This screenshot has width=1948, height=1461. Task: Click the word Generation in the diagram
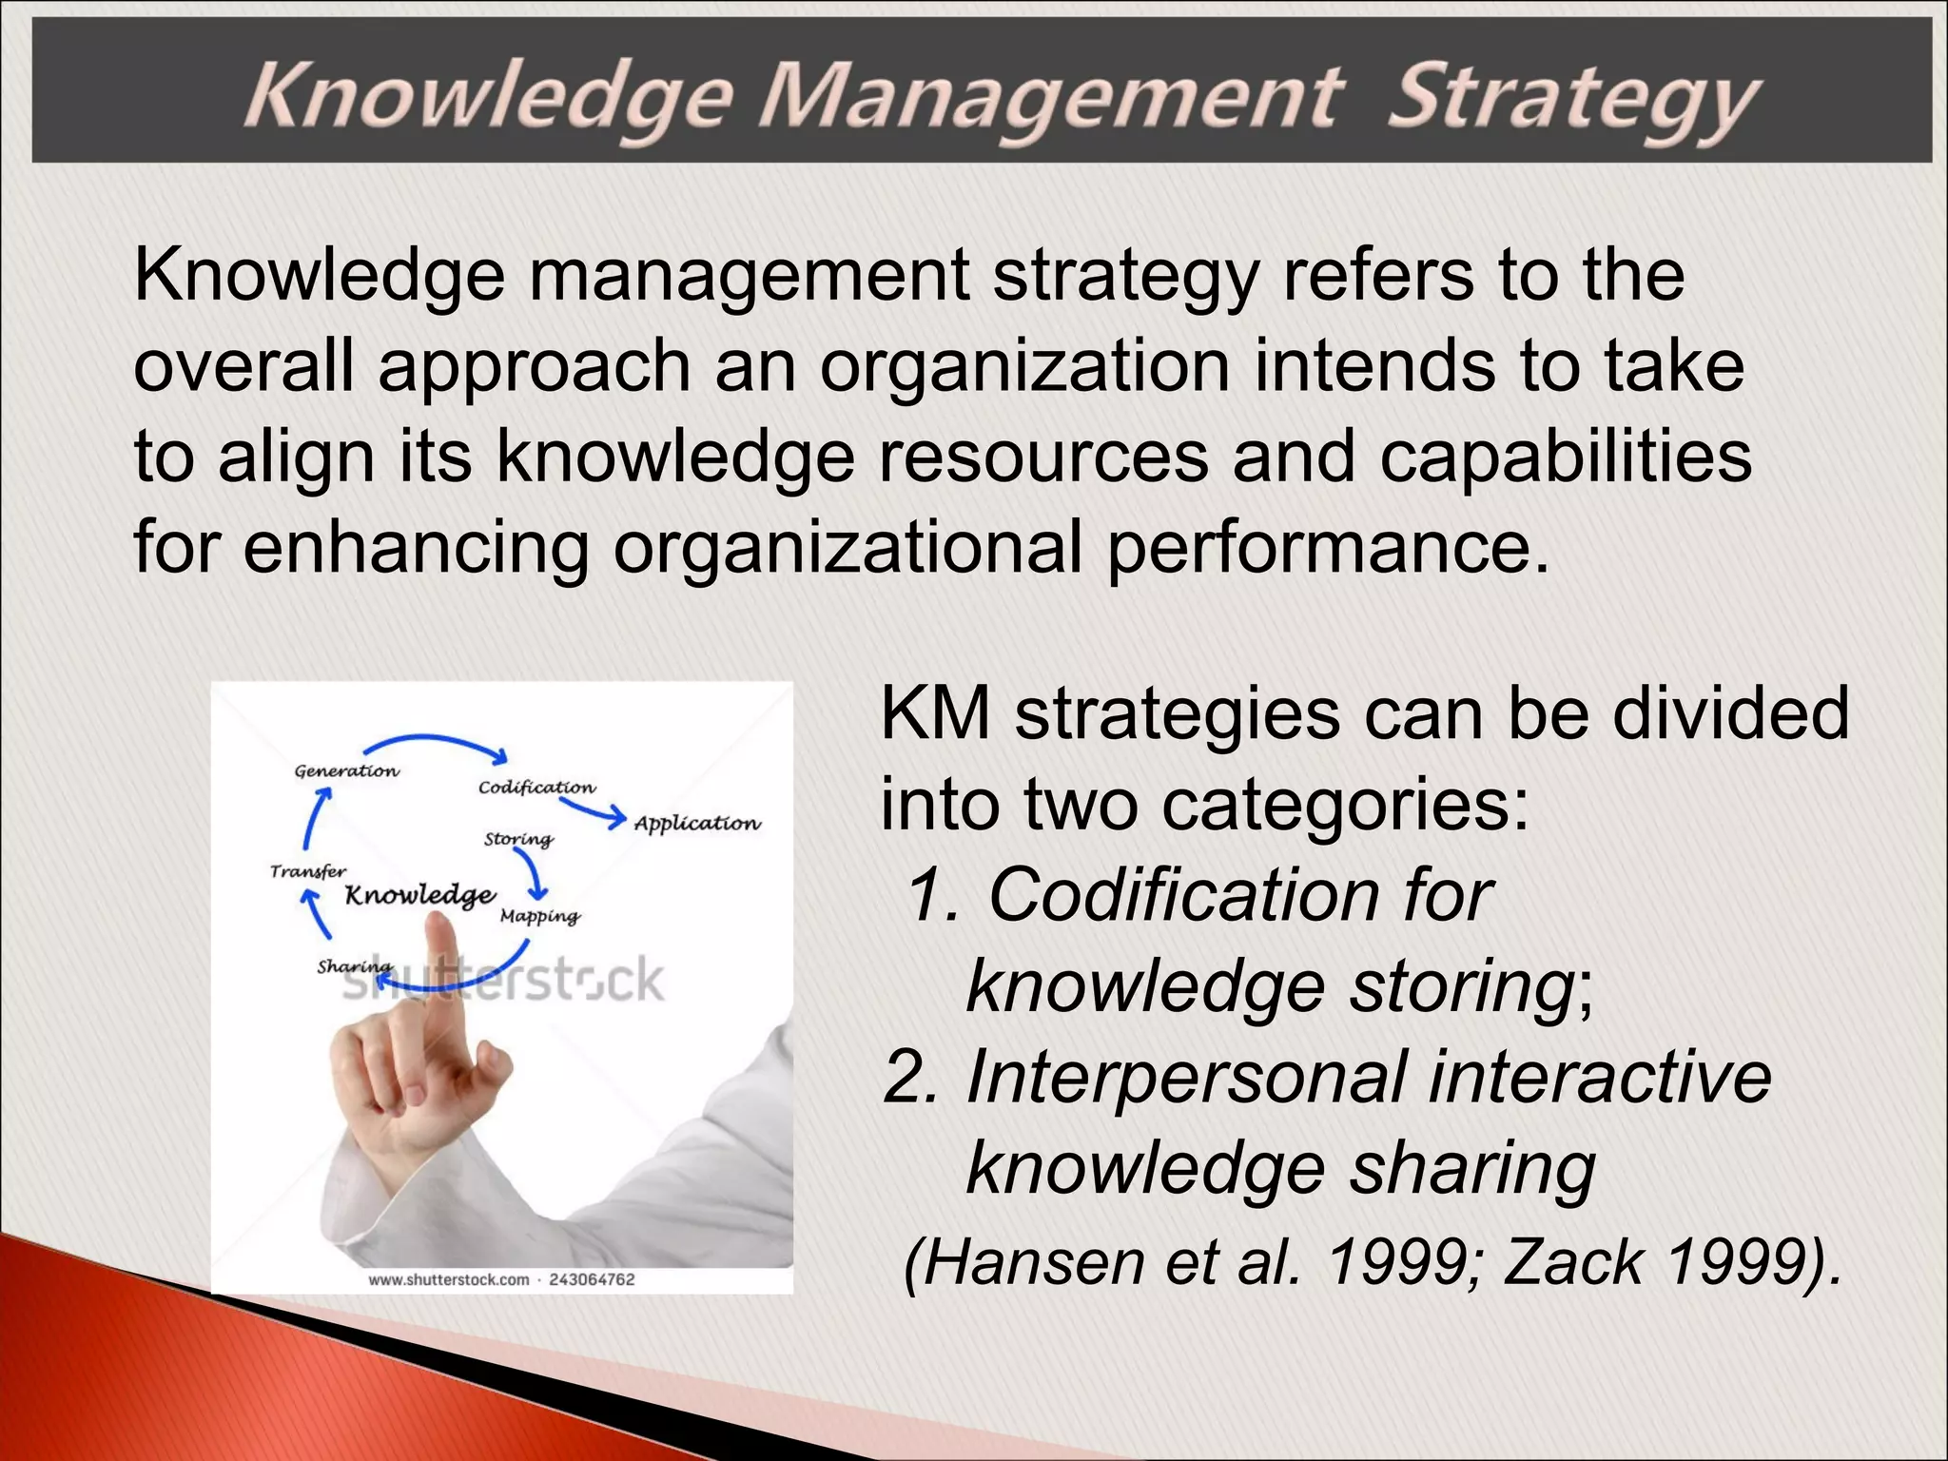(x=346, y=771)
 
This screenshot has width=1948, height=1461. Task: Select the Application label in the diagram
(x=697, y=824)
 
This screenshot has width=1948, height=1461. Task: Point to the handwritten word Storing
(x=518, y=840)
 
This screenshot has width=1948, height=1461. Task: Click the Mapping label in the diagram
(x=539, y=917)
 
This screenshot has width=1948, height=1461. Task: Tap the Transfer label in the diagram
(x=307, y=871)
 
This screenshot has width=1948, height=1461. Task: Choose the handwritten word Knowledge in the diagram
(x=419, y=896)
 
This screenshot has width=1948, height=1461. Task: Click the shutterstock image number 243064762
(x=592, y=1280)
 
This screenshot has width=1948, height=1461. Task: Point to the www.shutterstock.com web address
(x=448, y=1280)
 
